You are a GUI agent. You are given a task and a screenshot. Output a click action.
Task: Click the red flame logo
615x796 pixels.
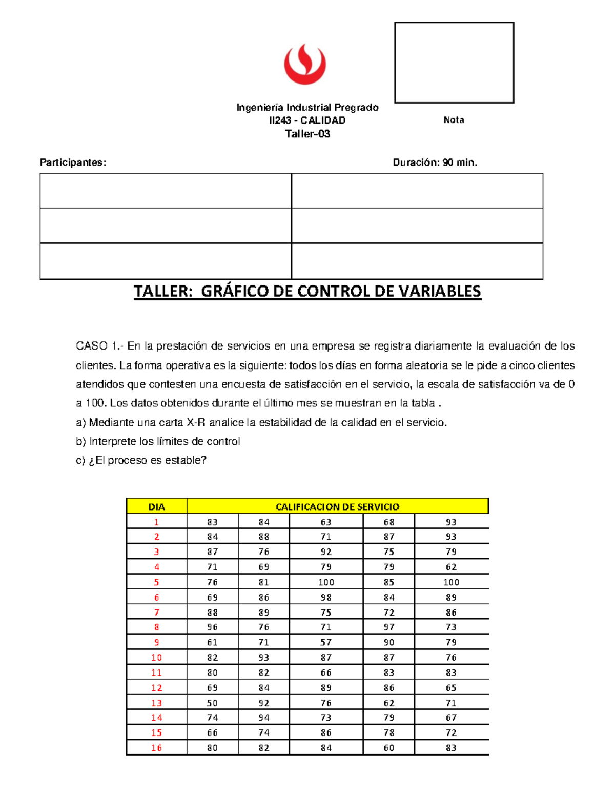[305, 64]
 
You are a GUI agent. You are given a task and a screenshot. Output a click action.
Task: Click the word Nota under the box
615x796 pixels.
[454, 120]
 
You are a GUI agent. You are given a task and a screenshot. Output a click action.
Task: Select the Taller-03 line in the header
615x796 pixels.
[307, 134]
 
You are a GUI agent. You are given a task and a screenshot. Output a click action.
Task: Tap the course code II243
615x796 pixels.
[280, 120]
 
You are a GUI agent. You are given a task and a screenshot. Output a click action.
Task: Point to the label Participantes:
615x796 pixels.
[73, 162]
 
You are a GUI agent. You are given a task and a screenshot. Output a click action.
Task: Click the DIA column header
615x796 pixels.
[156, 507]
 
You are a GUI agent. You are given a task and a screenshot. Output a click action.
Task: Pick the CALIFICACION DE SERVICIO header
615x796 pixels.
[337, 507]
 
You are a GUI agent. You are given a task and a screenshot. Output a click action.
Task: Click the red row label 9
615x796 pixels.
[156, 642]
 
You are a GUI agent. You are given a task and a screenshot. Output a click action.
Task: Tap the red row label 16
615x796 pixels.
[156, 748]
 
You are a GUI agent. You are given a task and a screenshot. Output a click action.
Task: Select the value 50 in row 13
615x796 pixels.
[212, 703]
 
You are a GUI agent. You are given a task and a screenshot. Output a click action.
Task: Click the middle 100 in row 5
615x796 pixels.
[326, 582]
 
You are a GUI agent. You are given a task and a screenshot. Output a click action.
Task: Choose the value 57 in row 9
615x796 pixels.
[326, 642]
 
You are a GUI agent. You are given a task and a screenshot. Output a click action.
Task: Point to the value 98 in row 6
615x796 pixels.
[326, 597]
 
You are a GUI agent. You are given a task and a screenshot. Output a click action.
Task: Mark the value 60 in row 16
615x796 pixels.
[389, 748]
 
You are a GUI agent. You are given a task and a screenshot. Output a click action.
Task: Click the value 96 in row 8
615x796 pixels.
[212, 627]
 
